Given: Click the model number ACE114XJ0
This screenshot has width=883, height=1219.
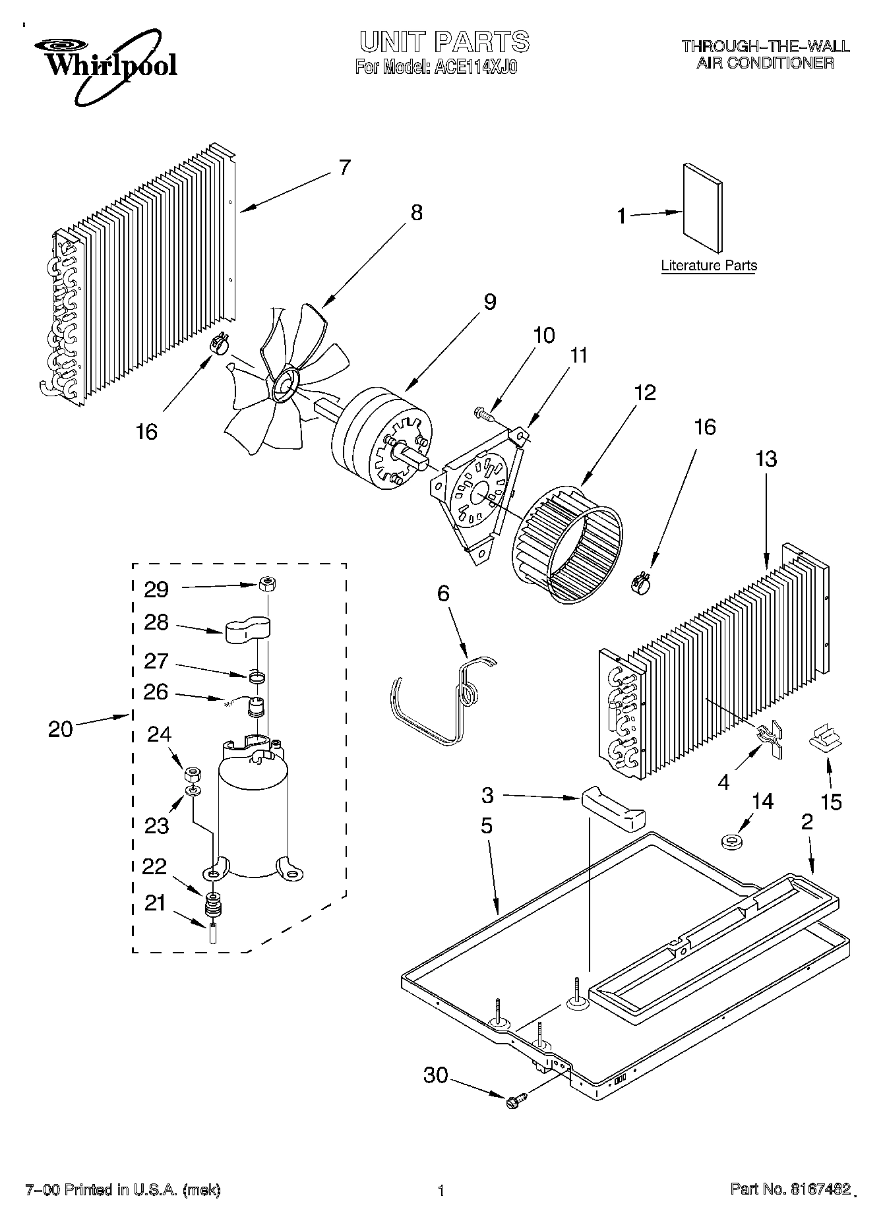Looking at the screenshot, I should point(473,67).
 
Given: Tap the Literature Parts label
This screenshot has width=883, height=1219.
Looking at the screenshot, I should point(709,266).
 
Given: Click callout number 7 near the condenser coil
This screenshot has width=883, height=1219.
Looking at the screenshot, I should point(344,167).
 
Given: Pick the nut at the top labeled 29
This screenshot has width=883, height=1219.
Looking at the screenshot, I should point(266,583).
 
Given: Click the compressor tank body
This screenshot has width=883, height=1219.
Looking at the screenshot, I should point(253,818).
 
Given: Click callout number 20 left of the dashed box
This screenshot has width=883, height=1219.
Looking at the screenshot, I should point(60,729).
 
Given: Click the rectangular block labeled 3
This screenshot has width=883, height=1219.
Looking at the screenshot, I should point(613,808).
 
